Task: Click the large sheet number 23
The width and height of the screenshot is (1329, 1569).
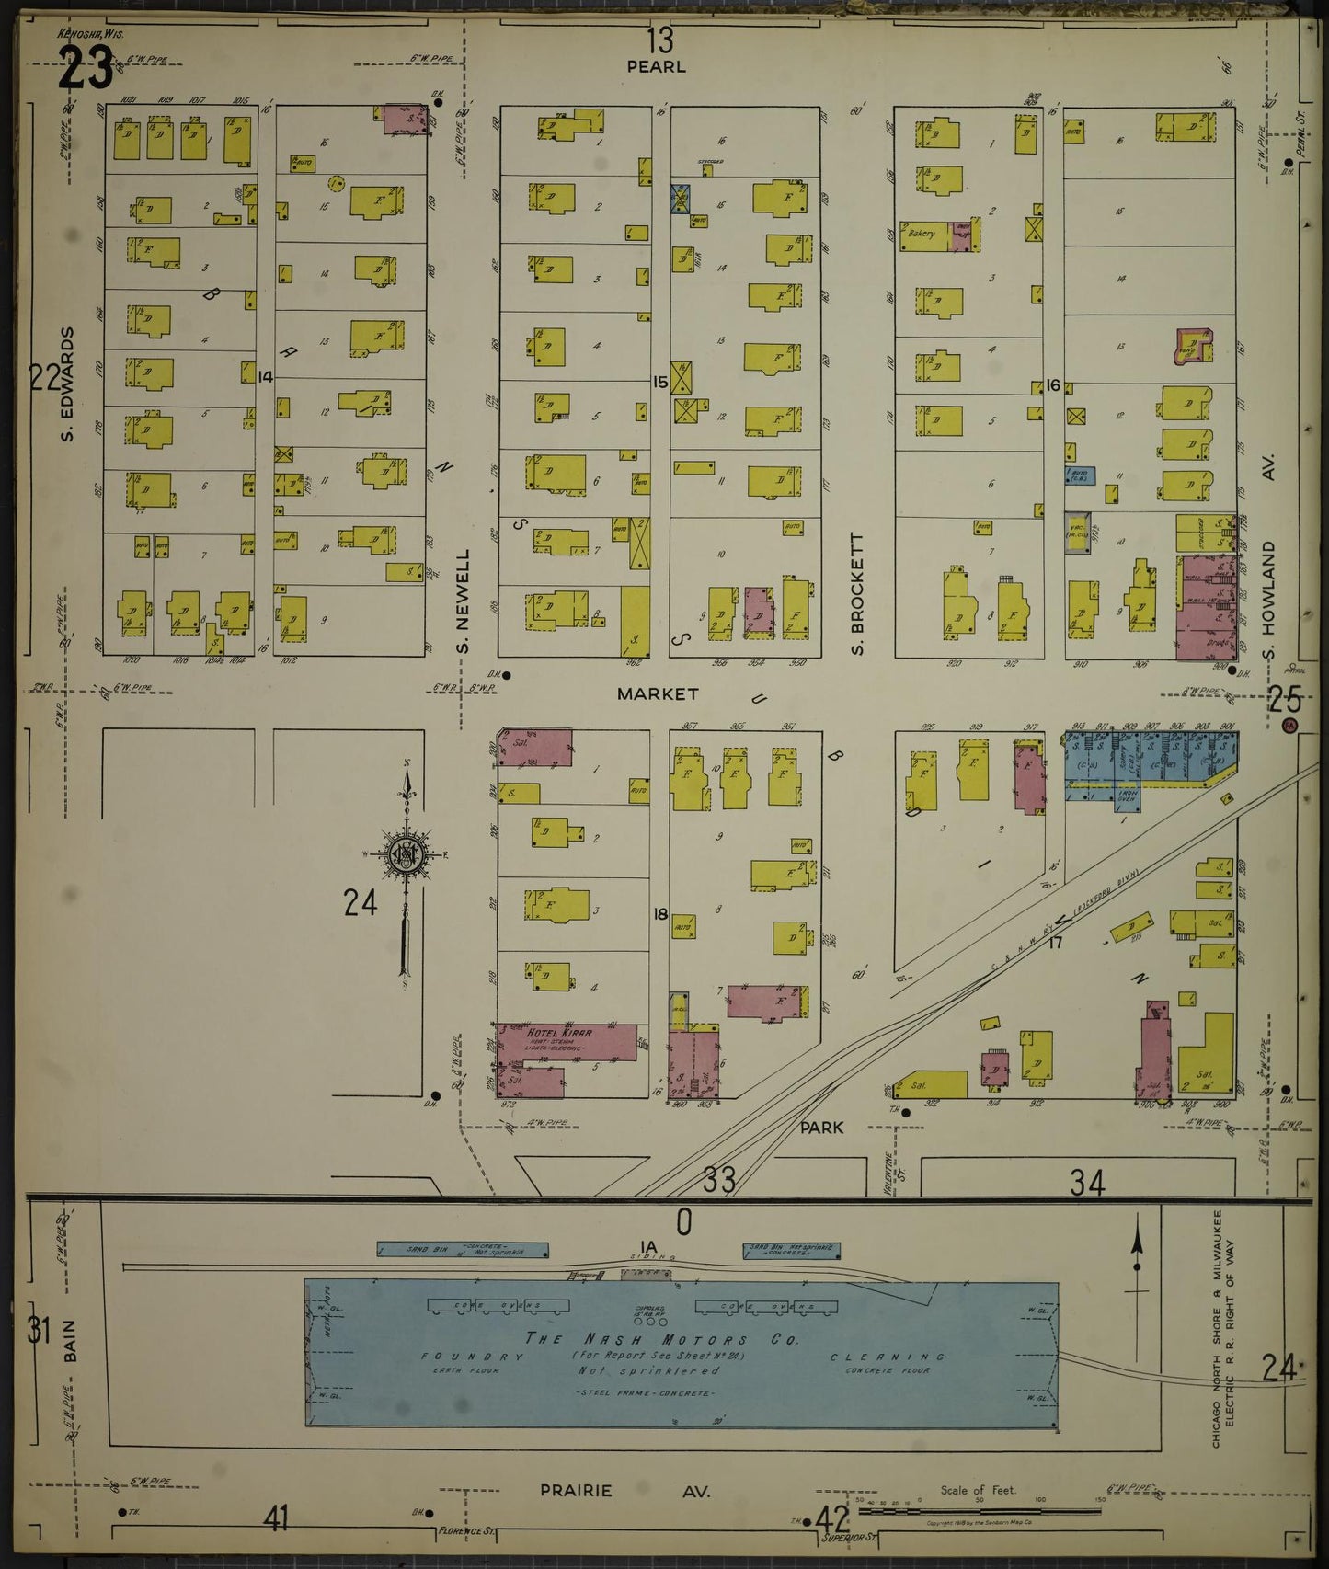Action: pos(85,69)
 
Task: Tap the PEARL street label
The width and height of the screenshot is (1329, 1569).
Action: pos(657,67)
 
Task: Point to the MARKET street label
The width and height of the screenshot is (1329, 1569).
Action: pos(658,694)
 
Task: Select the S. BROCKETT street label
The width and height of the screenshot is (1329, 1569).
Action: pos(857,594)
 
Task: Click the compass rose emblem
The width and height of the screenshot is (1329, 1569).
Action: pos(405,855)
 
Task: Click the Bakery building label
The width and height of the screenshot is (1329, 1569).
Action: pos(922,234)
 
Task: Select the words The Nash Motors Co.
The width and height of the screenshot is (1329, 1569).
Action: pos(661,1339)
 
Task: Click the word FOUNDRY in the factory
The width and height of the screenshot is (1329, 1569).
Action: pos(460,1357)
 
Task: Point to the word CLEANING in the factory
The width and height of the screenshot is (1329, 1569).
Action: pos(887,1357)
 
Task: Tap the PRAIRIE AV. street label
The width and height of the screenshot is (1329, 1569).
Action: pos(625,1491)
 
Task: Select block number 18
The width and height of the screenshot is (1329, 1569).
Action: pos(659,914)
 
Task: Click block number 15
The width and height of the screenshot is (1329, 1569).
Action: pos(659,382)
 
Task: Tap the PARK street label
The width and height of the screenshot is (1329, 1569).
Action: pos(821,1127)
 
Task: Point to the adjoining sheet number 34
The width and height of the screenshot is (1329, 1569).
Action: pos(1087,1183)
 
